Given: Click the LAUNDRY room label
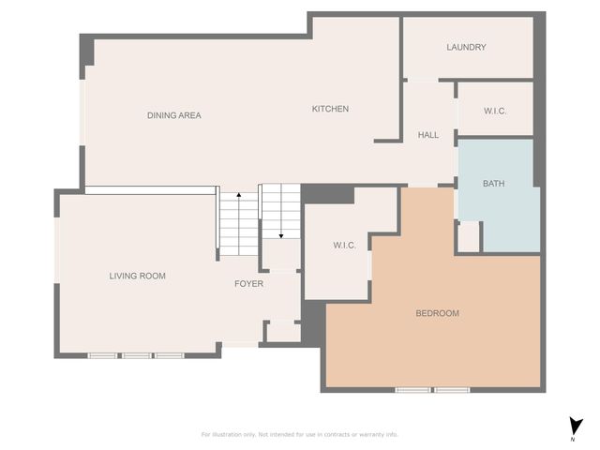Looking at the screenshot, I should (x=466, y=47).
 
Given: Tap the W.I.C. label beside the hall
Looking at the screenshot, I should (x=495, y=112).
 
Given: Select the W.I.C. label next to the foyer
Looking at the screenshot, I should (x=344, y=246).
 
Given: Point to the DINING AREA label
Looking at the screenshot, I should (x=173, y=115).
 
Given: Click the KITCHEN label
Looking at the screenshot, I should (x=330, y=109).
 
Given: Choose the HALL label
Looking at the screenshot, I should (x=427, y=135).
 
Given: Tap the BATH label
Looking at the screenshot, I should (x=493, y=184).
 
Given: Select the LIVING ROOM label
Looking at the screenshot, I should (x=137, y=276).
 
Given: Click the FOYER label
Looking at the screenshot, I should (x=248, y=283).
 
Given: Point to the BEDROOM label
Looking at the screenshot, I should (x=437, y=313).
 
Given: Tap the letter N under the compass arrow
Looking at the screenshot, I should (x=573, y=439).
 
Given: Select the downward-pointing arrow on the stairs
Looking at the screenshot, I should (x=279, y=233).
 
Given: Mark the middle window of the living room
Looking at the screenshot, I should (x=137, y=355).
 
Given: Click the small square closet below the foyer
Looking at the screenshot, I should (x=282, y=332).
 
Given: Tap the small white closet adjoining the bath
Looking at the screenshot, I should (x=468, y=236).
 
